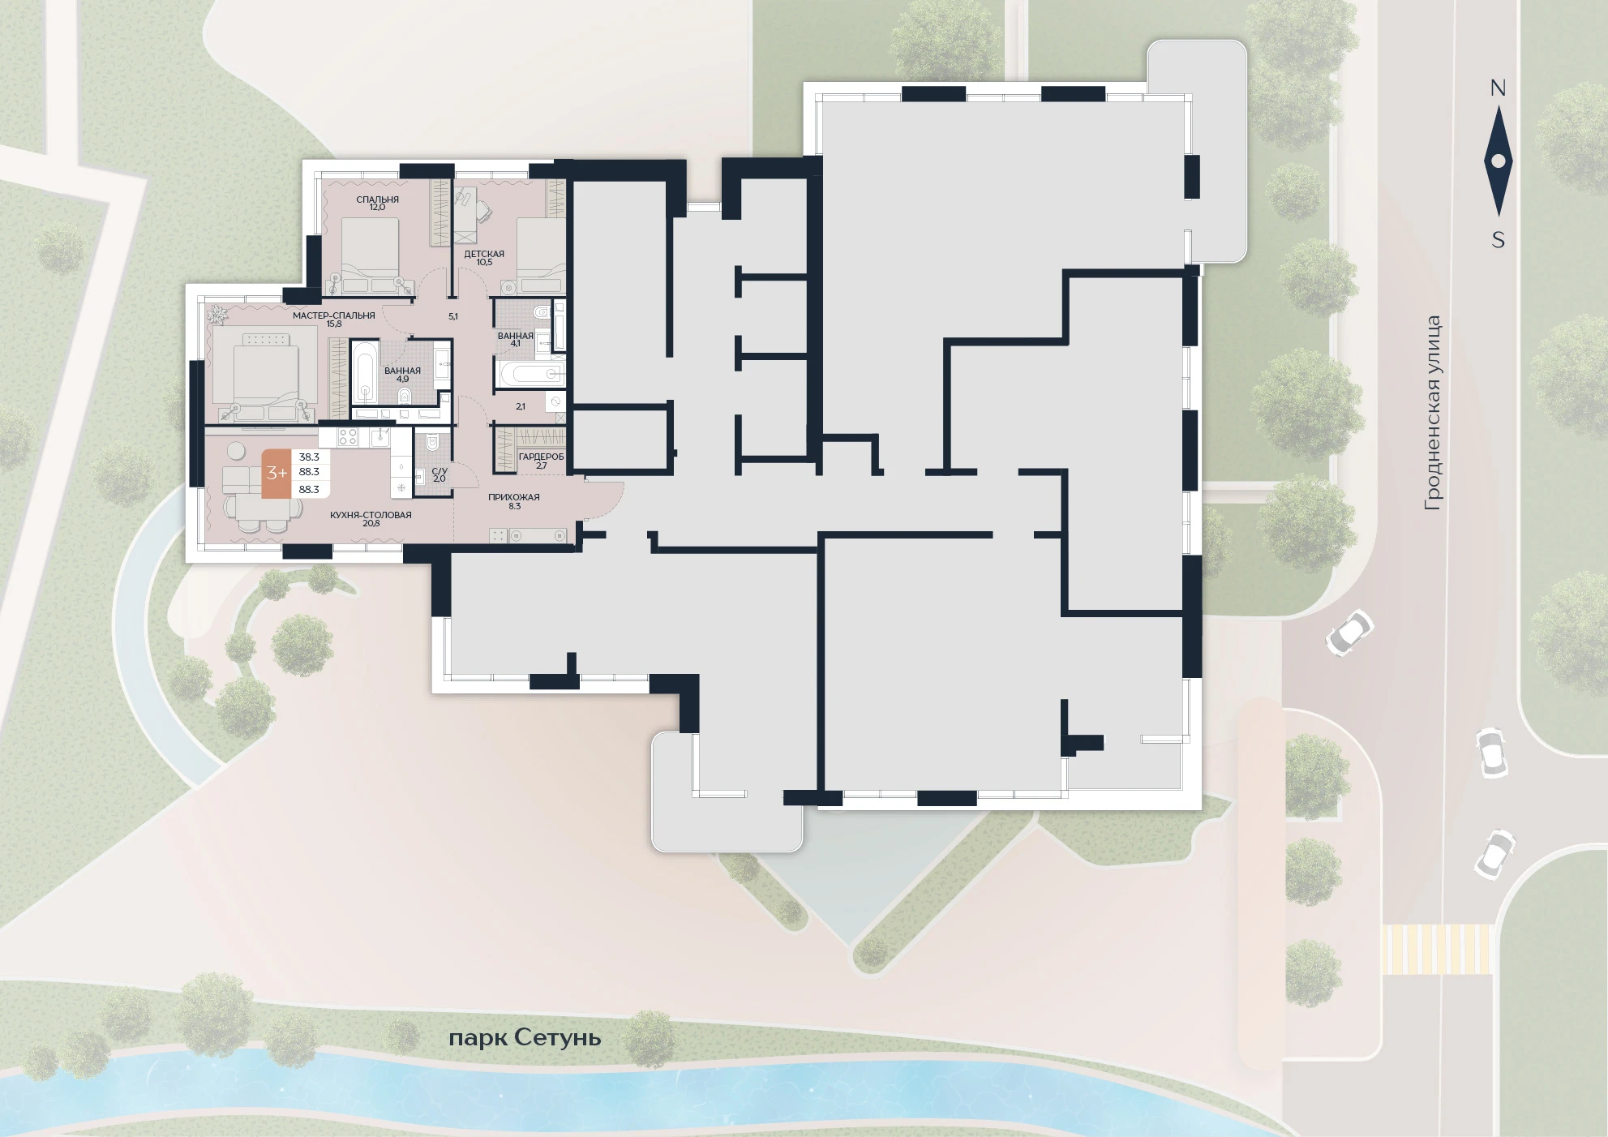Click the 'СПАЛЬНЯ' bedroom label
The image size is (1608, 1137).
(377, 200)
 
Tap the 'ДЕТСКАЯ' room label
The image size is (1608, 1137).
(484, 254)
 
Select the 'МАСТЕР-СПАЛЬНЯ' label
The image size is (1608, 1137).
(334, 315)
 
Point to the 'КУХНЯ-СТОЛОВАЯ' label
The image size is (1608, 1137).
(371, 515)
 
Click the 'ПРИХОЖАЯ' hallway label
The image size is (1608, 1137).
(514, 497)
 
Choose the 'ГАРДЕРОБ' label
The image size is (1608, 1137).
(541, 457)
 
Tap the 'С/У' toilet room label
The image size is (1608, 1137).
(440, 470)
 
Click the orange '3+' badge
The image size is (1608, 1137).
(277, 473)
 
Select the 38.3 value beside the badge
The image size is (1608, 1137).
(309, 457)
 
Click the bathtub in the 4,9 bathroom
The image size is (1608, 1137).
(364, 372)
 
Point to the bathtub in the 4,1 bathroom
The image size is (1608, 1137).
(530, 374)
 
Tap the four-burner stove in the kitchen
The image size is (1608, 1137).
(347, 437)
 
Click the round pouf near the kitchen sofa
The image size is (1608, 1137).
(236, 450)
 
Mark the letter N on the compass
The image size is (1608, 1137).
(1498, 88)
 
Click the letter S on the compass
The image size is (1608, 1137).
(1499, 240)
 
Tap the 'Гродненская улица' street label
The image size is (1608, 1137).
(1433, 413)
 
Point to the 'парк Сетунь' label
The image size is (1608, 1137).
(525, 1038)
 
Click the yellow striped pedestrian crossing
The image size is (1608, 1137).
(1437, 949)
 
